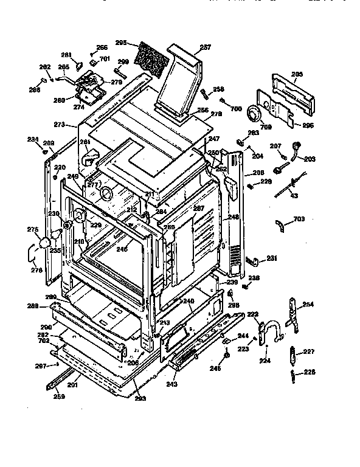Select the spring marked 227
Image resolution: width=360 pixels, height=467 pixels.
[295, 352]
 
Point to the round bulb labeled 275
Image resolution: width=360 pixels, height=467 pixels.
[44, 244]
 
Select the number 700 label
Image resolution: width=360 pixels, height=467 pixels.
[237, 108]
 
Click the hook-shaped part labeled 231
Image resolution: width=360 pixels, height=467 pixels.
[253, 261]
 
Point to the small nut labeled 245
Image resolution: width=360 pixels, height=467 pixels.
[227, 357]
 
